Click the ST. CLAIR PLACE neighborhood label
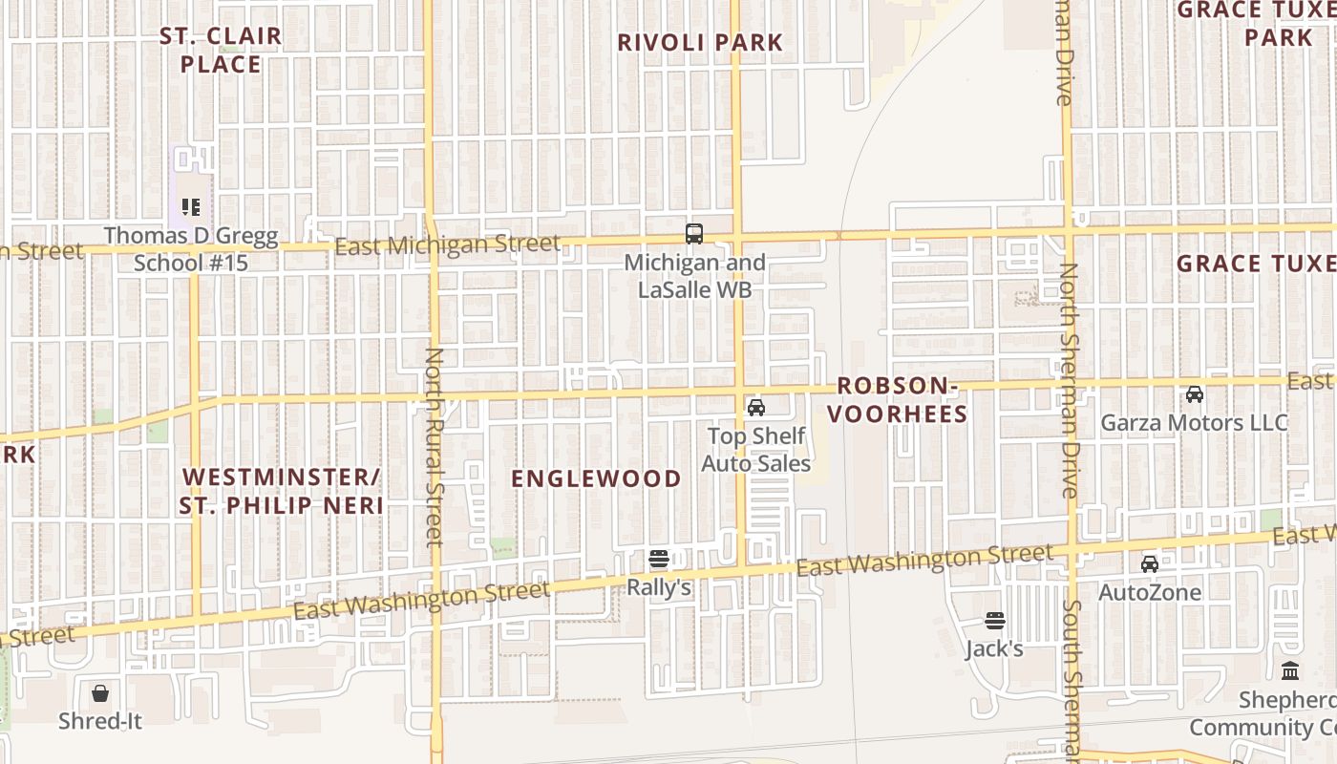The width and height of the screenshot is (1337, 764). click(x=221, y=51)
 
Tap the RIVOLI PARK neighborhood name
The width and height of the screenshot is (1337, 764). click(x=700, y=43)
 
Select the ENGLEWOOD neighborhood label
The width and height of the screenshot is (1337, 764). click(x=597, y=479)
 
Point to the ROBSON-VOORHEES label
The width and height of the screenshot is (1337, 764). click(x=897, y=400)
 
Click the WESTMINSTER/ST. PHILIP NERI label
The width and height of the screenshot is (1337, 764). click(x=282, y=491)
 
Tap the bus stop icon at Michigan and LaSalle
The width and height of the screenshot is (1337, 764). click(x=694, y=233)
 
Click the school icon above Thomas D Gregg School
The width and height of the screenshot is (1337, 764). click(x=191, y=206)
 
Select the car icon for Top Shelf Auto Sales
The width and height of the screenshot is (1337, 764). click(x=756, y=408)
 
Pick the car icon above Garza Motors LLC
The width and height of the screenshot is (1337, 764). click(x=1194, y=393)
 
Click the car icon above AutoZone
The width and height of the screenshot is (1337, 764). click(x=1150, y=563)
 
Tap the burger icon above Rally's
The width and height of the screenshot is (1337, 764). click(x=658, y=559)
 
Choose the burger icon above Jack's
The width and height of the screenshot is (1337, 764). click(x=994, y=621)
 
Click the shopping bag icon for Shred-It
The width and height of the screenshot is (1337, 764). click(x=100, y=692)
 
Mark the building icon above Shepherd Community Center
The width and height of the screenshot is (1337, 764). click(x=1290, y=670)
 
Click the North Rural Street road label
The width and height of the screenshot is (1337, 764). click(x=435, y=446)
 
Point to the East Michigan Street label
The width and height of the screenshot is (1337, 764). click(x=447, y=245)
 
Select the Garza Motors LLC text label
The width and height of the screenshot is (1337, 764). click(x=1194, y=423)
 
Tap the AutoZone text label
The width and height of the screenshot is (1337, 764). click(x=1150, y=592)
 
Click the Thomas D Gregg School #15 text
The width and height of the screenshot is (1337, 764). click(x=191, y=249)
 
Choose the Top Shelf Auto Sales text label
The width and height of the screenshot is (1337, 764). click(x=756, y=450)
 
